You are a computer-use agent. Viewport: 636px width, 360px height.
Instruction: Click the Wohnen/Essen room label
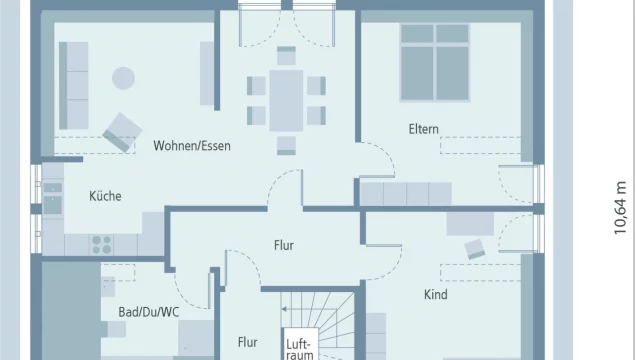point(192,146)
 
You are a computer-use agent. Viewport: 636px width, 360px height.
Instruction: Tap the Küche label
point(105,196)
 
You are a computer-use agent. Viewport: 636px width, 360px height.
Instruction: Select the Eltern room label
point(423,129)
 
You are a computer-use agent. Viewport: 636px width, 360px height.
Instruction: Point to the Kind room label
point(436,294)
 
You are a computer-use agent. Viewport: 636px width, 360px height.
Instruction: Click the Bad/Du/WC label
point(148,312)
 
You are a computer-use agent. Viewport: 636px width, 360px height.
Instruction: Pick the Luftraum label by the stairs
point(300,350)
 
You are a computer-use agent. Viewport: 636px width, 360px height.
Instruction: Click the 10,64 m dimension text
point(620,208)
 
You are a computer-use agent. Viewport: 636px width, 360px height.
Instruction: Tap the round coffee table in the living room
point(123,78)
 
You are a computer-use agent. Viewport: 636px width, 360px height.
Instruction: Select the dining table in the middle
point(286,101)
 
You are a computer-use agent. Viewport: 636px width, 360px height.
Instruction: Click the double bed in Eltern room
point(434,62)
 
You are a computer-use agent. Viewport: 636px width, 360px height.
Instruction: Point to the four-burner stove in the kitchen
point(101,245)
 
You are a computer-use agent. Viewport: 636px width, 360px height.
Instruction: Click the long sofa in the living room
point(73,86)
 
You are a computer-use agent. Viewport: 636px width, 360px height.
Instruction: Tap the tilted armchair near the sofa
point(122,133)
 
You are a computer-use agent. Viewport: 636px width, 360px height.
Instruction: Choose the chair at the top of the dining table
point(286,56)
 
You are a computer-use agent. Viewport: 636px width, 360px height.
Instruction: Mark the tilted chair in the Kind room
point(475,249)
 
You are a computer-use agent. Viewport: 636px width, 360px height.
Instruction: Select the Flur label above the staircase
point(284,245)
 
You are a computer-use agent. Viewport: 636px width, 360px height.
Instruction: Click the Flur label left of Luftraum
point(247,343)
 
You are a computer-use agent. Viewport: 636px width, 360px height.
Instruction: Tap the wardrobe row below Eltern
point(406,194)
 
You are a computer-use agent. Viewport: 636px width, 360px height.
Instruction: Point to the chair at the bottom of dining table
point(286,146)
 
